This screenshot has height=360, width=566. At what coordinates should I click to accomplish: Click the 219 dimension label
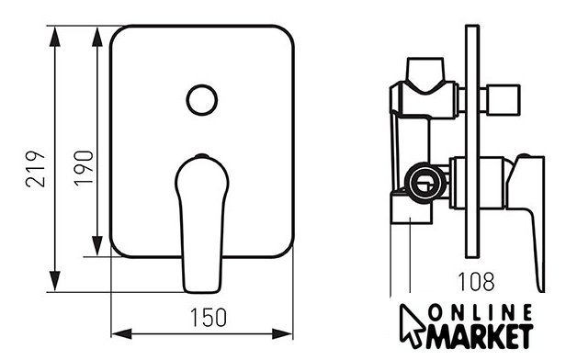35,169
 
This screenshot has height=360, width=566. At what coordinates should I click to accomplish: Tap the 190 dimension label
84,168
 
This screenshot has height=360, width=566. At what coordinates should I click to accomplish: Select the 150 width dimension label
209,318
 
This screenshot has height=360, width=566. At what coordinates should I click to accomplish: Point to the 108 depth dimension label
476,281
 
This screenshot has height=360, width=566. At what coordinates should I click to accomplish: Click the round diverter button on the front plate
202,100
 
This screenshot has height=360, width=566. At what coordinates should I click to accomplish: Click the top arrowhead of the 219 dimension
54,36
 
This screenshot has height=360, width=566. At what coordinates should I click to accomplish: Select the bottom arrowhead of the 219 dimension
54,282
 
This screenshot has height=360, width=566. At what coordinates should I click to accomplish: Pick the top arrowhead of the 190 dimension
97,36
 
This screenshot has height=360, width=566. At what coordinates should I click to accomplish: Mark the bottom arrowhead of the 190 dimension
97,246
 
